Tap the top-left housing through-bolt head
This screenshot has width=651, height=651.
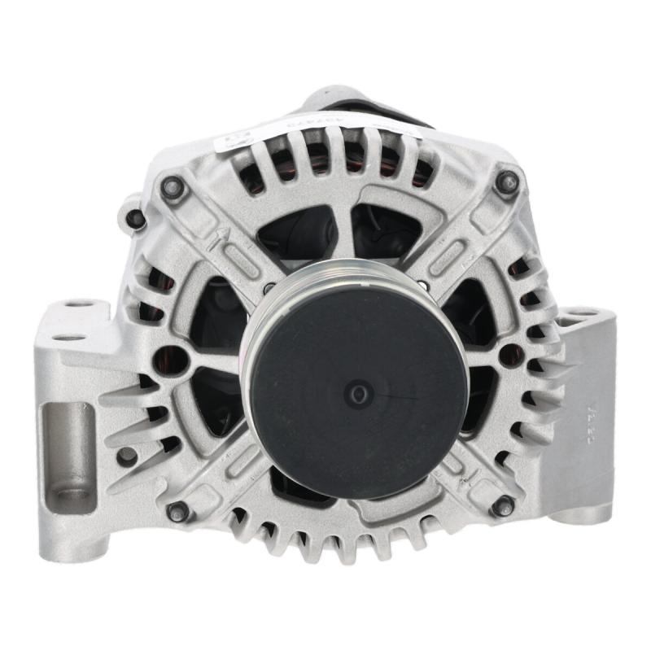click(x=172, y=187)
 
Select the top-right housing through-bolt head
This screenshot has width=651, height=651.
click(x=506, y=183)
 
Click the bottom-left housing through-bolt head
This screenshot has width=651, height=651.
click(x=177, y=511)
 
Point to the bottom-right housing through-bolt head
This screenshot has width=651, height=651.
click(x=502, y=505)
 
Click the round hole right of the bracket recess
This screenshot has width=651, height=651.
click(x=127, y=457)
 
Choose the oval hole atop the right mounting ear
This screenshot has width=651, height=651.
click(x=579, y=312)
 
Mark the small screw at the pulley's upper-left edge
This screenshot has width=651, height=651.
click(x=269, y=288)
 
